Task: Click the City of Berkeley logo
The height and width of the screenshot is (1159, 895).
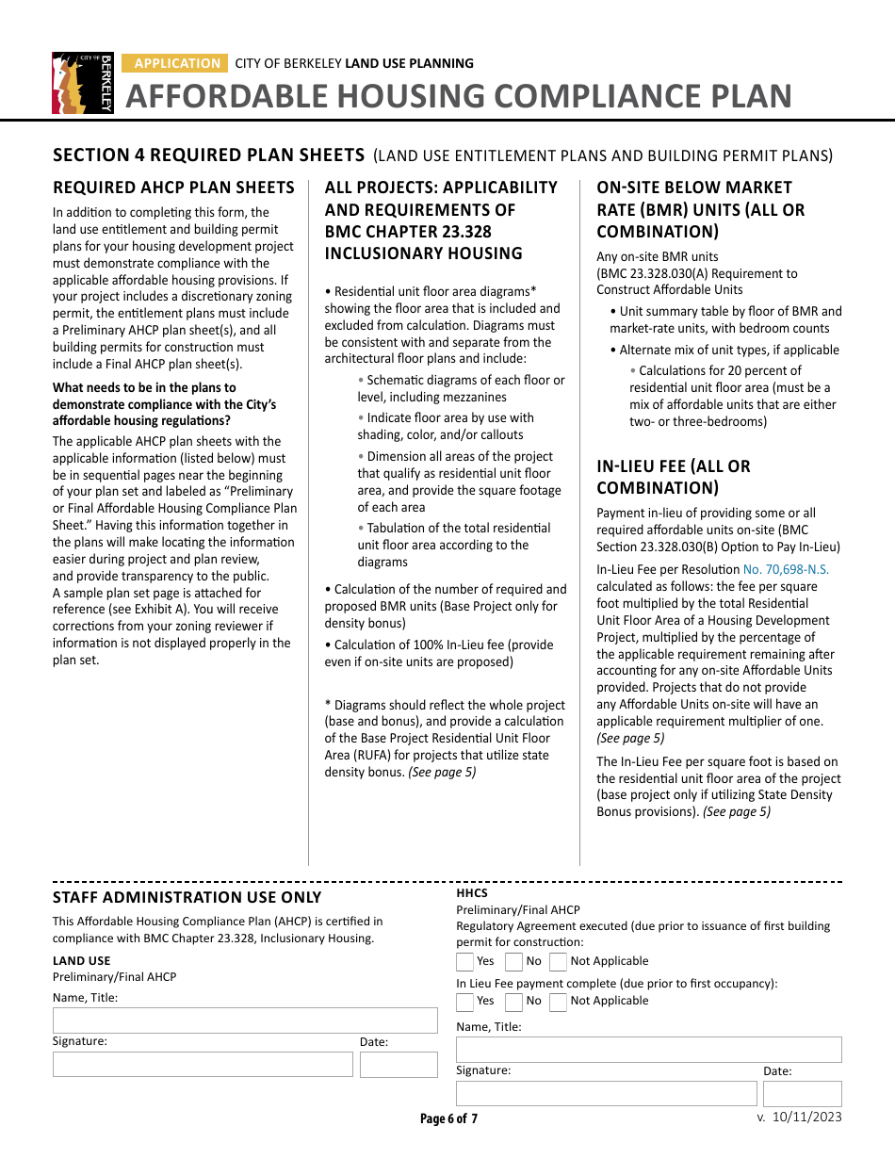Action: pos(82,83)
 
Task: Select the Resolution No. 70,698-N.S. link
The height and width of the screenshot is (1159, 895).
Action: pos(786,569)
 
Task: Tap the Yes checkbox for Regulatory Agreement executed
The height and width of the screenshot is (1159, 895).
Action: pos(465,962)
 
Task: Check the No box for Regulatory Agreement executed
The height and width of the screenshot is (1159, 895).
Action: pos(514,962)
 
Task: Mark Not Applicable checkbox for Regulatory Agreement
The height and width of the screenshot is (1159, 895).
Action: pos(559,962)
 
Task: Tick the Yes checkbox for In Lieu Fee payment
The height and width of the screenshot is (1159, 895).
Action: pos(465,1002)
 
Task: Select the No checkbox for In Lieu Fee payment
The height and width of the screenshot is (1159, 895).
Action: pos(514,1002)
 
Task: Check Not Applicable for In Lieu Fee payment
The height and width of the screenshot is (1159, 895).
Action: pos(559,1002)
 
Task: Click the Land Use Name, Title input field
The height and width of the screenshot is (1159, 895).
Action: pos(245,1020)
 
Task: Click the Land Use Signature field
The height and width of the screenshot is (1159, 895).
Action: pos(203,1065)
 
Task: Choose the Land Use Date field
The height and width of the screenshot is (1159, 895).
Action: pos(399,1065)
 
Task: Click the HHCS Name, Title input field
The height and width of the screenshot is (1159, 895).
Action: pos(648,1050)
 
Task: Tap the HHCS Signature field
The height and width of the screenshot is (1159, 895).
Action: pos(606,1094)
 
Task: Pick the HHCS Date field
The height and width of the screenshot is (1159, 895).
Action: pos(802,1094)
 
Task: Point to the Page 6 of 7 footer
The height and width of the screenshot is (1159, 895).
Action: pos(448,1119)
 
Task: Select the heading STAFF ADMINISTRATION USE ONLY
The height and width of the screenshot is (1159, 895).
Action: pos(187,898)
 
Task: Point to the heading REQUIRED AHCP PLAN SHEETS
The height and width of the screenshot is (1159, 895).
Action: pos(173,188)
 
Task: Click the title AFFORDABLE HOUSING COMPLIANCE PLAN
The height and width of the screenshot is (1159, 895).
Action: pos(459,96)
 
